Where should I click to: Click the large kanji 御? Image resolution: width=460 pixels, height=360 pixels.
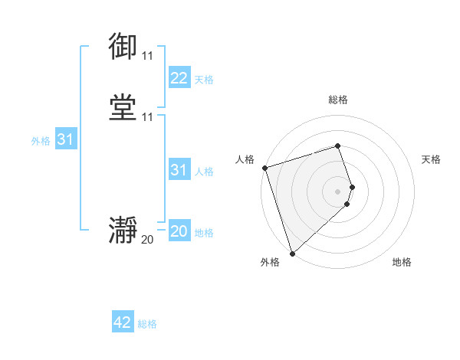(x=123, y=47)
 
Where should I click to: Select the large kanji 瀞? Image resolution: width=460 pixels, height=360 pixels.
(x=123, y=230)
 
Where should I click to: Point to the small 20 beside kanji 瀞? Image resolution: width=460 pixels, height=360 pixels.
(x=147, y=240)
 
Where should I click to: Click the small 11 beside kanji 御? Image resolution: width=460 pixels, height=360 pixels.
(x=147, y=57)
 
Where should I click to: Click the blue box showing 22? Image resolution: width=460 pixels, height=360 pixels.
(x=179, y=78)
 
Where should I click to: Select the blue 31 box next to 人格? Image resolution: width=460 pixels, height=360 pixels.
(x=179, y=170)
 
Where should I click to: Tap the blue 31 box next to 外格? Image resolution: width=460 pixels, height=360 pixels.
(x=65, y=139)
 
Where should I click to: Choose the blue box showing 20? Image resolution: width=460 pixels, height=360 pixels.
(x=179, y=231)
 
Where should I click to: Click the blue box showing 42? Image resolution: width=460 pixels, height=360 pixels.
(x=123, y=322)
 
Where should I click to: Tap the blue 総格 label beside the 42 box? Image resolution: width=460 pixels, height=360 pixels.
(x=147, y=324)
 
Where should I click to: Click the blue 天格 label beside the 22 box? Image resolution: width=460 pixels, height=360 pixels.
(x=204, y=80)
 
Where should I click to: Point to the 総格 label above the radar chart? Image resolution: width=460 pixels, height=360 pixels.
(x=338, y=100)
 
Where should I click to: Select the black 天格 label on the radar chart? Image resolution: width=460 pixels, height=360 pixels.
(x=431, y=159)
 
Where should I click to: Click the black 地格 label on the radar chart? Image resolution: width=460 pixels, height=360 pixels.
(x=402, y=262)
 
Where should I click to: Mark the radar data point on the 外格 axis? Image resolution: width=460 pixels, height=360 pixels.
(x=291, y=253)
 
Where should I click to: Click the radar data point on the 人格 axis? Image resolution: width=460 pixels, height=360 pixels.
(x=264, y=168)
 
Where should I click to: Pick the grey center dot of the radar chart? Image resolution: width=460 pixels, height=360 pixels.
(x=338, y=191)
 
